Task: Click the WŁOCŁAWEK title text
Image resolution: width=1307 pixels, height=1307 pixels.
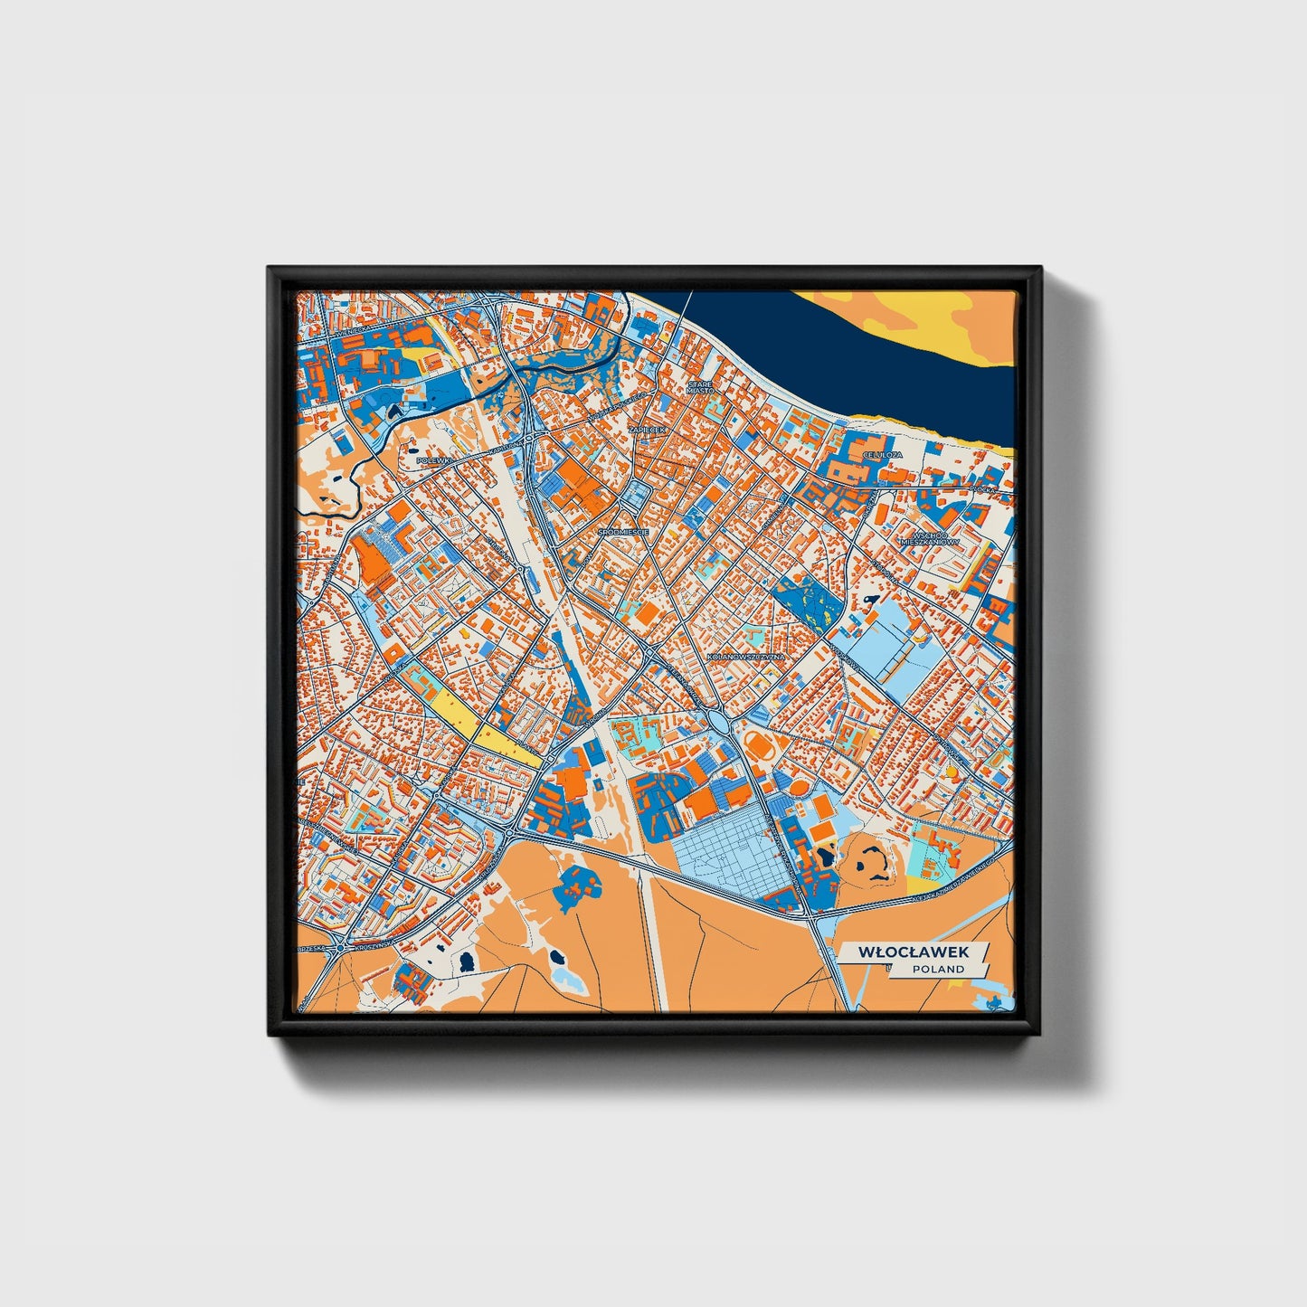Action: pyautogui.click(x=914, y=952)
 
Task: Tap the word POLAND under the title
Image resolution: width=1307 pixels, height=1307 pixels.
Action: pyautogui.click(x=938, y=969)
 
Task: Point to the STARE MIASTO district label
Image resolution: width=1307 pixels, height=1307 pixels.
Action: pyautogui.click(x=700, y=387)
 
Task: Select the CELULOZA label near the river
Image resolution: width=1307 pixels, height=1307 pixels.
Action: pyautogui.click(x=883, y=454)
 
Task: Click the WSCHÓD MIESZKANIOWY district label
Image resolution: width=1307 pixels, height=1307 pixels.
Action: pyautogui.click(x=929, y=538)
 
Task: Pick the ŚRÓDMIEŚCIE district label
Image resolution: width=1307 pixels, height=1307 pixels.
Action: pyautogui.click(x=623, y=533)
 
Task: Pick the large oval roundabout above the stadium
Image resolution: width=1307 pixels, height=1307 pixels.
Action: pyautogui.click(x=721, y=723)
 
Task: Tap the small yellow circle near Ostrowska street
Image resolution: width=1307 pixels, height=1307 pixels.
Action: pyautogui.click(x=952, y=773)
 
